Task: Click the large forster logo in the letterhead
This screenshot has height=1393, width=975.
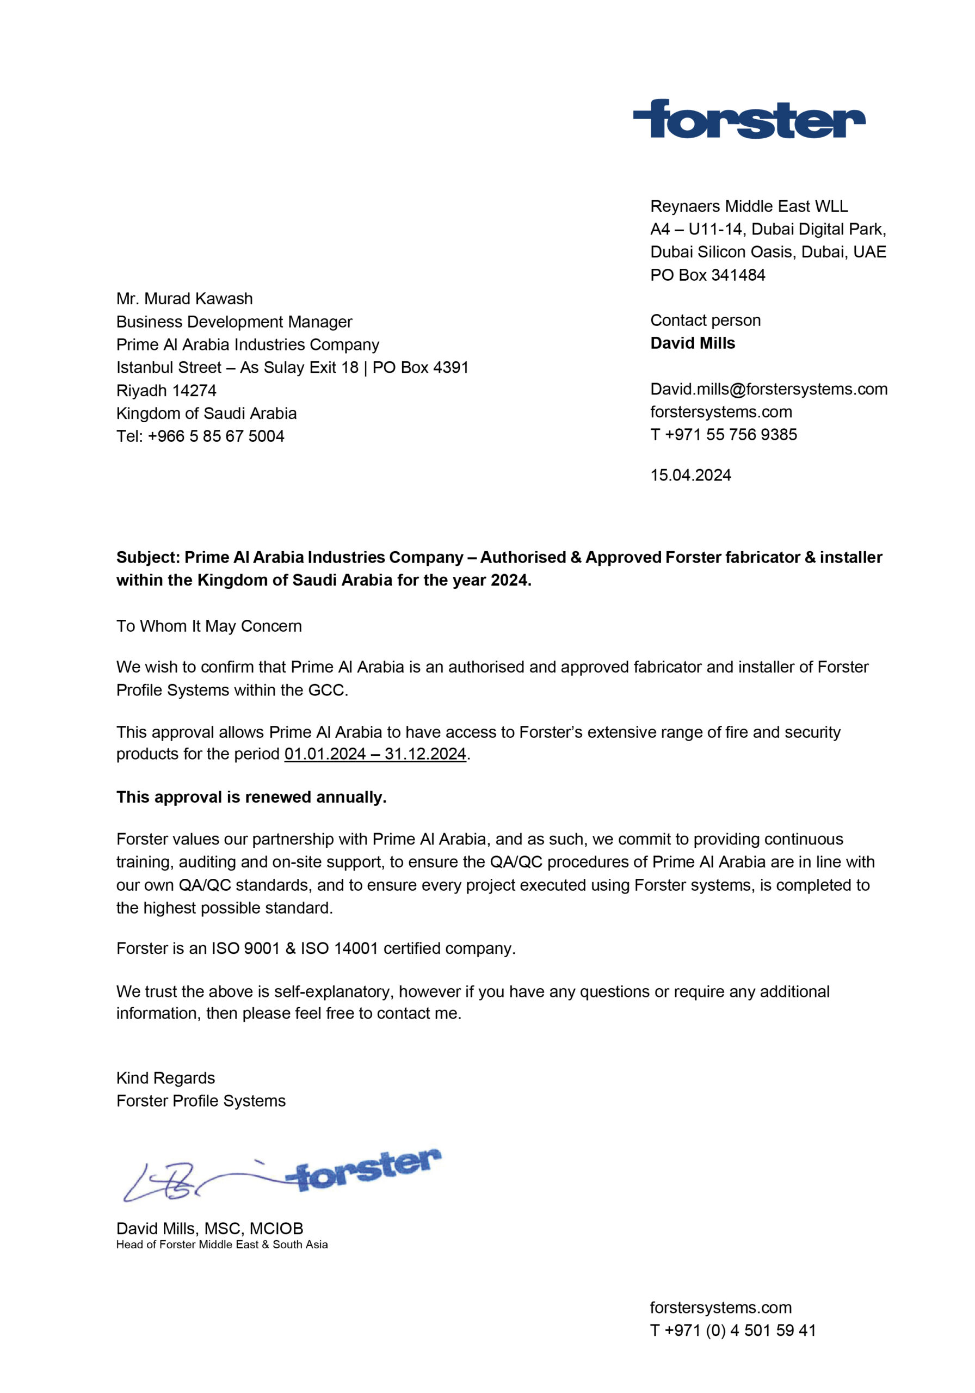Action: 749,120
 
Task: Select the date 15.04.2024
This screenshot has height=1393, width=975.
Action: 690,475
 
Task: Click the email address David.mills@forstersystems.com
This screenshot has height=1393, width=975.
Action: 769,389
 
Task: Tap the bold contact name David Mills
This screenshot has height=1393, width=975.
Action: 692,343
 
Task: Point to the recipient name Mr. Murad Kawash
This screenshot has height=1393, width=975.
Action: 184,299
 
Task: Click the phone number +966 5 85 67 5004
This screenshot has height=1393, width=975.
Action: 216,436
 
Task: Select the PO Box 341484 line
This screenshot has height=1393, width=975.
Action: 707,275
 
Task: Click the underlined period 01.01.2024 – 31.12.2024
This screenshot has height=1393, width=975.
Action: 375,754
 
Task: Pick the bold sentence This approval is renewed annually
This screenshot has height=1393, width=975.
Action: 251,797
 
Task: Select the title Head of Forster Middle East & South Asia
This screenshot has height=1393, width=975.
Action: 222,1244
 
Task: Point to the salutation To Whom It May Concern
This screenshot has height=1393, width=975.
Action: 209,626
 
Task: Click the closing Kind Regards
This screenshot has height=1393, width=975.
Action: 165,1078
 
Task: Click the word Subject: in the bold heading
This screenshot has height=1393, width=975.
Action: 148,558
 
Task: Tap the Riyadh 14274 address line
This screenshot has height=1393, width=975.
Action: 166,390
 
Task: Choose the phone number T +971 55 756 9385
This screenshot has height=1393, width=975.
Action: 723,434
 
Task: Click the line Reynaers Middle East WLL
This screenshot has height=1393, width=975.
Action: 749,206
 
